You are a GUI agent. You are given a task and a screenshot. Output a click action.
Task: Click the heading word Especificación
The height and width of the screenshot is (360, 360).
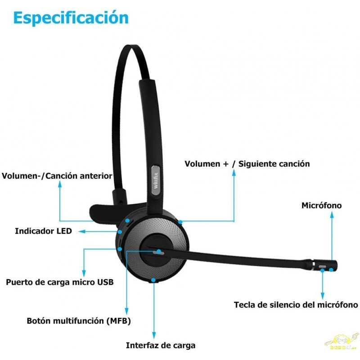(x=71, y=18)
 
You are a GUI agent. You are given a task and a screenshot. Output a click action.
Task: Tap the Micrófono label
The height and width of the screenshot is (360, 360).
(x=321, y=206)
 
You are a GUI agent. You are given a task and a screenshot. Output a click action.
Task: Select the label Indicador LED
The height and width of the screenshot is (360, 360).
(x=43, y=231)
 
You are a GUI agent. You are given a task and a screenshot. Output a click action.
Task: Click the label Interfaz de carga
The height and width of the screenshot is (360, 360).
(x=161, y=346)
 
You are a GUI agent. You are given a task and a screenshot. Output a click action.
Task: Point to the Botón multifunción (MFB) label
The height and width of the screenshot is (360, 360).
(x=79, y=321)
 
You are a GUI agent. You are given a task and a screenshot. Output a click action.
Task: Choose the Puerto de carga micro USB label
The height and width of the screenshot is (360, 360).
(x=59, y=283)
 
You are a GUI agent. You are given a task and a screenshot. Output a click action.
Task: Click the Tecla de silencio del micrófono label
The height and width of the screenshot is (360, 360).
(x=296, y=305)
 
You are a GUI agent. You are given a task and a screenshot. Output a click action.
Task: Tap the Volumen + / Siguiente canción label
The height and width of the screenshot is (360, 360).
(x=247, y=164)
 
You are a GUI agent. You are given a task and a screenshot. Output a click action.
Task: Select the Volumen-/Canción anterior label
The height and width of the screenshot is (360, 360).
(x=57, y=175)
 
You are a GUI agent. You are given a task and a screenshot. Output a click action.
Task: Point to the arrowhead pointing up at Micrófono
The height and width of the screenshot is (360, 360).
(x=332, y=215)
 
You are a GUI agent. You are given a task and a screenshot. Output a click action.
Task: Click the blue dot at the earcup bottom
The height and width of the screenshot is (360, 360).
(x=154, y=280)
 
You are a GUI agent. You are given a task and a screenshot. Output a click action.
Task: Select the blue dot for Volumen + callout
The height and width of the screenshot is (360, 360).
(x=180, y=221)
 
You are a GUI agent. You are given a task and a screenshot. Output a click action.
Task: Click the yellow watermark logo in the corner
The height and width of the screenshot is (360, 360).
(x=342, y=341)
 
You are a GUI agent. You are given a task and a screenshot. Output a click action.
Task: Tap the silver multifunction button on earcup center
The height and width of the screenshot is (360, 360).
(x=157, y=252)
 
